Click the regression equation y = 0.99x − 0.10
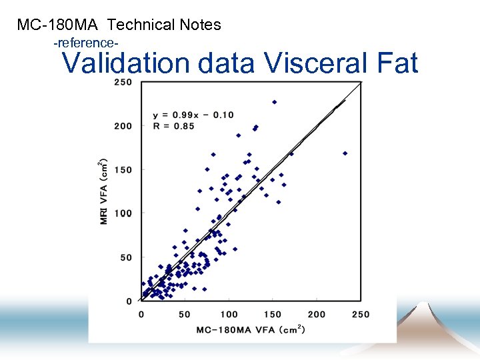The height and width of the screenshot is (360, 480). coord(193,115)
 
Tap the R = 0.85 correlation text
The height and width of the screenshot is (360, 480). coord(173,126)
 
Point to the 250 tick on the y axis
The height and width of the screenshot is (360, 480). coord(123,82)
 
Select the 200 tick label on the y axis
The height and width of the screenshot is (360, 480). coord(123,126)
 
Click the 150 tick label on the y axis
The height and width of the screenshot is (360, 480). coord(123,170)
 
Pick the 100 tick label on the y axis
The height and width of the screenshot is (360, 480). coord(123,213)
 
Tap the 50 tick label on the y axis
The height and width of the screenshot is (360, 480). coord(126,257)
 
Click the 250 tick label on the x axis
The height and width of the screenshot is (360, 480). coord(361,314)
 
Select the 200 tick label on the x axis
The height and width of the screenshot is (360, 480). coord(317,314)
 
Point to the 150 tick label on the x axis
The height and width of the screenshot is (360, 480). coord(273,314)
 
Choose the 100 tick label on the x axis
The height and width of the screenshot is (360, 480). coord(229,314)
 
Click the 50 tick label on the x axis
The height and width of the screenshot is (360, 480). coord(185,314)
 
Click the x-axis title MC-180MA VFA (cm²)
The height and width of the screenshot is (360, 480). coord(251,329)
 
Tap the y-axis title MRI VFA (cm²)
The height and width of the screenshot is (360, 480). coord(104,191)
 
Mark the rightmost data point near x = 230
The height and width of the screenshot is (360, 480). coord(345,153)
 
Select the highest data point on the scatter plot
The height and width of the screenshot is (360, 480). coord(274,102)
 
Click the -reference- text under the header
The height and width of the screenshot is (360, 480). coord(86,43)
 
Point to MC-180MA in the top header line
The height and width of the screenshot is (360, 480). coord(59,25)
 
